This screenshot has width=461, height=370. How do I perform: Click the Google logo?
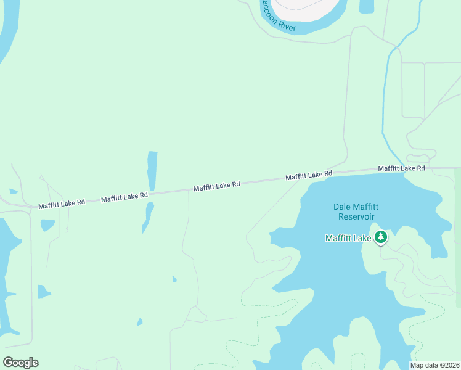point(21,363)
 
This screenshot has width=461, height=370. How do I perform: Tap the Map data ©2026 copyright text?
point(434,365)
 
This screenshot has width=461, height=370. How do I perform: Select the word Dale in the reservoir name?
point(342,207)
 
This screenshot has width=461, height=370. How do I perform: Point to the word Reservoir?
point(356,216)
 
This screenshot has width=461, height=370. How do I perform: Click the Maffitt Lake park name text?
point(348,238)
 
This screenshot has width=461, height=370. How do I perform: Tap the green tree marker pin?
point(381,237)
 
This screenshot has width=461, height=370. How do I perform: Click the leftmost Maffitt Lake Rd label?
point(62,203)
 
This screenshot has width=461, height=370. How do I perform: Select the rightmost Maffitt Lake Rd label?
point(401,168)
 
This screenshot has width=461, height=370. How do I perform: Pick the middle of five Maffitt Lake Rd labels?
point(216,186)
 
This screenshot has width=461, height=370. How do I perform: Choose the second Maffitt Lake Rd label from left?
point(124,197)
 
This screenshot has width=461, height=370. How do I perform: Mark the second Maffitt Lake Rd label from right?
point(309,175)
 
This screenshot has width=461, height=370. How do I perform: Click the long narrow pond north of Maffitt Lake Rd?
point(152,170)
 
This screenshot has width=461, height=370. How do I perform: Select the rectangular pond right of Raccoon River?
point(366,6)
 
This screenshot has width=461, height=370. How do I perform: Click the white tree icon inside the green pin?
point(381,236)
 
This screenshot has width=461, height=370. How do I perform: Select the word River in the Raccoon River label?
point(287,27)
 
